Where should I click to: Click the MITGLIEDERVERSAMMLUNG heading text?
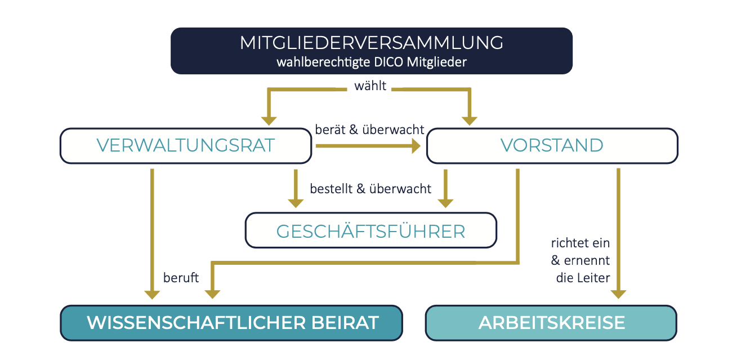[371, 43]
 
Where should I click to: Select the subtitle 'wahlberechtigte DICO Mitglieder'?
[372, 62]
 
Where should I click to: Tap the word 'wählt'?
[370, 86]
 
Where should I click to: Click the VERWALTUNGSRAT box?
[186, 145]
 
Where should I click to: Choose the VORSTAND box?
[552, 145]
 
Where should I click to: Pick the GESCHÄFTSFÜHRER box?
[371, 230]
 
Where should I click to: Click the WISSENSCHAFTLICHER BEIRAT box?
[231, 323]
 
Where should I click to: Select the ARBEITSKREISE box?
[551, 323]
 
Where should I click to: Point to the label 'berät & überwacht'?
[369, 130]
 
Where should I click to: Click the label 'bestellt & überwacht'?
[370, 189]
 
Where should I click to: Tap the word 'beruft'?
[181, 278]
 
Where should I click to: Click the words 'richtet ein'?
[580, 243]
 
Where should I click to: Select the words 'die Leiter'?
[583, 278]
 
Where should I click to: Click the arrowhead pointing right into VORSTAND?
[416, 146]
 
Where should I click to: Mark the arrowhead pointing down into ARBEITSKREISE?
[618, 294]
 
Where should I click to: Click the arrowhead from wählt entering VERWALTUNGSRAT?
[269, 121]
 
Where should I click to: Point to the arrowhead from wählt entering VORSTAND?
[470, 121]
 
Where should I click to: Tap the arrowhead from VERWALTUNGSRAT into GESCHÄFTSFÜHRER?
[296, 203]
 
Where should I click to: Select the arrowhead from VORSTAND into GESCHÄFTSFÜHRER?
[445, 203]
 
